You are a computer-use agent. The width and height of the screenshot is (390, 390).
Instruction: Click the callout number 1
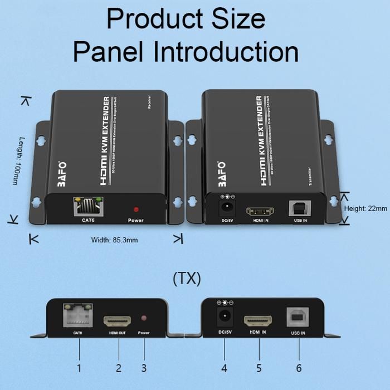pyautogui.click(x=79, y=368)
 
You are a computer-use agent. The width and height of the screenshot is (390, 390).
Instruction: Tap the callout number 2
pyautogui.click(x=118, y=368)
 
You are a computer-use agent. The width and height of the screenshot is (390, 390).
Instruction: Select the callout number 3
pyautogui.click(x=144, y=368)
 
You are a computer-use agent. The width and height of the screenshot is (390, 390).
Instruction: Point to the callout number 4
pyautogui.click(x=224, y=368)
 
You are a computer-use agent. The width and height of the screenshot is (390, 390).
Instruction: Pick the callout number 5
pyautogui.click(x=259, y=368)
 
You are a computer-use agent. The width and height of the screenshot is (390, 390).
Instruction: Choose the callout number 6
pyautogui.click(x=299, y=368)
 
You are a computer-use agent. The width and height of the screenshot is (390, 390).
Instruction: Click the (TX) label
pyautogui.click(x=187, y=278)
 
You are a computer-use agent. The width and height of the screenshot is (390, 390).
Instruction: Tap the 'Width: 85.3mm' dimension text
pyautogui.click(x=114, y=240)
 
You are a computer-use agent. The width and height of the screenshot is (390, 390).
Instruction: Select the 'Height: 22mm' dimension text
pyautogui.click(x=365, y=208)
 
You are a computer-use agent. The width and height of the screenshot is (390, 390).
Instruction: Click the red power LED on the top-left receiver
pyautogui.click(x=135, y=209)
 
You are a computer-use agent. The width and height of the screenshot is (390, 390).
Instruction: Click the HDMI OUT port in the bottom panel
pyautogui.click(x=118, y=321)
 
